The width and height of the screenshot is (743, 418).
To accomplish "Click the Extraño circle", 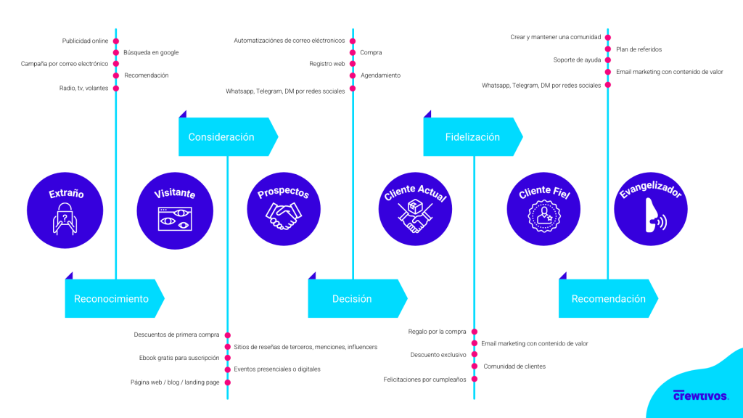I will (x=66, y=210).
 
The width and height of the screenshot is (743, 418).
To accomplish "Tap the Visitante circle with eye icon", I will (x=176, y=210).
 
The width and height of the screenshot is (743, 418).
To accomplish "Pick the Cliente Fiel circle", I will (x=545, y=210).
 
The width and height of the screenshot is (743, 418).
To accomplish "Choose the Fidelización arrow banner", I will (x=472, y=136).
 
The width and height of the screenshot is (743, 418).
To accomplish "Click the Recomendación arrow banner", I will (x=607, y=298).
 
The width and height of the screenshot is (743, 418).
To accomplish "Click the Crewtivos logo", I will (x=700, y=395).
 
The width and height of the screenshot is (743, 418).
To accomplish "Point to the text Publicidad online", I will (x=85, y=41).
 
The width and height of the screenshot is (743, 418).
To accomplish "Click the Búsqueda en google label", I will (x=151, y=52).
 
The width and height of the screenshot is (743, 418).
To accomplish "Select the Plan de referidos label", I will (x=639, y=49).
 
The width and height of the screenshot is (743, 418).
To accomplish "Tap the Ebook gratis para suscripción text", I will (x=179, y=358).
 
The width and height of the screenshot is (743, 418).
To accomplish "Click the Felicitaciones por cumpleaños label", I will (x=425, y=379).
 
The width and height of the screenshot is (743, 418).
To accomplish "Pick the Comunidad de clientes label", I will (x=514, y=366).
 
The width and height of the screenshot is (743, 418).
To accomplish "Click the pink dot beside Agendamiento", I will (x=353, y=75).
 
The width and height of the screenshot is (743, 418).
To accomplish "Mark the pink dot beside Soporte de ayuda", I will (x=608, y=60).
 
